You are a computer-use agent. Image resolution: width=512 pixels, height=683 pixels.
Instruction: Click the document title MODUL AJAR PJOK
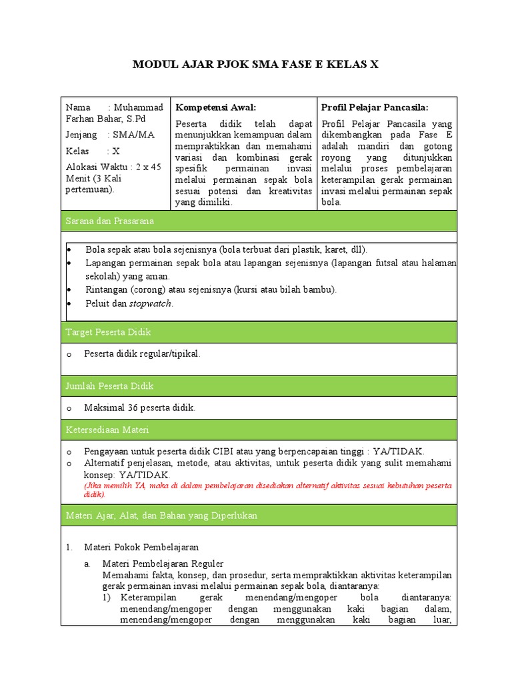point(255,64)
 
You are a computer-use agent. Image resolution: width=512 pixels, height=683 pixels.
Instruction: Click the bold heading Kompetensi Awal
point(215,107)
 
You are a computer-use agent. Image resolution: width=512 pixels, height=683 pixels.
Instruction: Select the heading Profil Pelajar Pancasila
point(375,107)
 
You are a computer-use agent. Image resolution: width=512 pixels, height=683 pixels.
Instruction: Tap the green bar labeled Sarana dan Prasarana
point(259,220)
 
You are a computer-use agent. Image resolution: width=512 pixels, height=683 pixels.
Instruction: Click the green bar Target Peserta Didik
point(259,331)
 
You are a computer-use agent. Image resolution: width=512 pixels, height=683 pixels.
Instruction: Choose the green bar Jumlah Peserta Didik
point(259,386)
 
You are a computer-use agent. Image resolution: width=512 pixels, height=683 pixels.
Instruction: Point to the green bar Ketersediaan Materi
point(259,430)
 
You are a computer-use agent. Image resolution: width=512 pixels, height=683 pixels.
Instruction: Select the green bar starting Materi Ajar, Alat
point(259,516)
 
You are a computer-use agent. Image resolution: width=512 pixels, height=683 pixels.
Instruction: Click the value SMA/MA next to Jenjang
point(134,135)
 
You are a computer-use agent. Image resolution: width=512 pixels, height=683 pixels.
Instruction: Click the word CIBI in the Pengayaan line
point(239,451)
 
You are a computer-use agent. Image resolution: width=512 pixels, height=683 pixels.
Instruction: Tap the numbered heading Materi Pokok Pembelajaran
point(141,547)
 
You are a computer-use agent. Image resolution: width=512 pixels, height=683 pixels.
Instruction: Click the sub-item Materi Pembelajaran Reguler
point(163,564)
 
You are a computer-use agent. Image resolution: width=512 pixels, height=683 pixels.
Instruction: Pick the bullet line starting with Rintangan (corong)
point(211,289)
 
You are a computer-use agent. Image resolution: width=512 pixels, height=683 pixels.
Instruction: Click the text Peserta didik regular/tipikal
point(142,354)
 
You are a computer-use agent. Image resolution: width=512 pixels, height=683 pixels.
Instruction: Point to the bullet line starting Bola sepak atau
point(226,249)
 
